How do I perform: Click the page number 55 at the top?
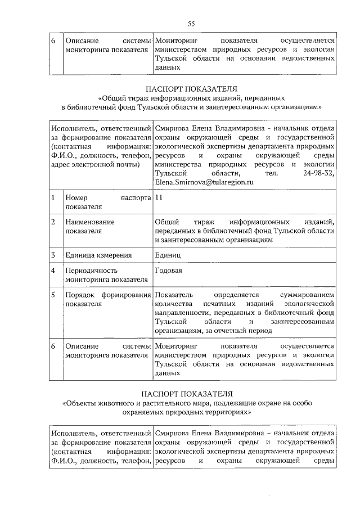tap(191, 23)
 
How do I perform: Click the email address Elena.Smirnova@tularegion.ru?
tap(204, 182)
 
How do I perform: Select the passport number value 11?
tap(159, 198)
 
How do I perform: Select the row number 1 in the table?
tap(52, 198)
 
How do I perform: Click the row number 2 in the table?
tap(52, 222)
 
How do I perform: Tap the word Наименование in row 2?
tap(90, 222)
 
